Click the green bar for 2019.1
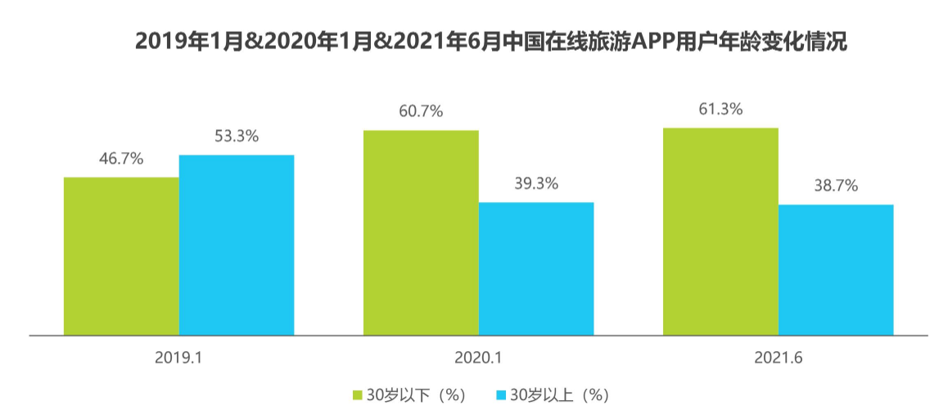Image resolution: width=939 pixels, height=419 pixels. point(121,256)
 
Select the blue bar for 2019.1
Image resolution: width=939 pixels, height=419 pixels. point(237,245)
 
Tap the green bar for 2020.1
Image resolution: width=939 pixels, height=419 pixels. point(421,232)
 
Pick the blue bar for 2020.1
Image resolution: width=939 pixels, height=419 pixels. point(536,268)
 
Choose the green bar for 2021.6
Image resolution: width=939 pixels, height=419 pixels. point(720,232)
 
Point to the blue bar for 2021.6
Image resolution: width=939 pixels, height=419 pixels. point(836,270)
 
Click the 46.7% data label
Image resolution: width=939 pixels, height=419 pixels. point(121,159)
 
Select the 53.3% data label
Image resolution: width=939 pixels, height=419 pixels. point(237,137)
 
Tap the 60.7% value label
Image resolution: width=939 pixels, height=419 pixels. point(421,111)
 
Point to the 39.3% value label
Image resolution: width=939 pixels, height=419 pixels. point(536,183)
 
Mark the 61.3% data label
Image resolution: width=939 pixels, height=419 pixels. point(720,109)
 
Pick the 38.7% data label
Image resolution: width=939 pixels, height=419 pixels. point(836,186)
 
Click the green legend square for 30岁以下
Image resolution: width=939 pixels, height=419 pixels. point(358,395)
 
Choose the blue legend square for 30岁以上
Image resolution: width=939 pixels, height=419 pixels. point(502,395)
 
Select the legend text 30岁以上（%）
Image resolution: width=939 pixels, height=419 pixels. point(560,395)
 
